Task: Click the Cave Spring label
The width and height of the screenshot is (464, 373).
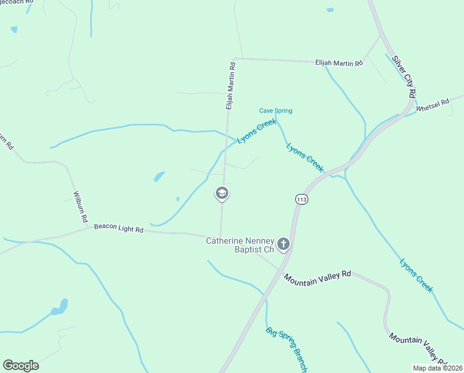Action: pos(275,111)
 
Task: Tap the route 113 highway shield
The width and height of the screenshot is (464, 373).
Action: pos(301,199)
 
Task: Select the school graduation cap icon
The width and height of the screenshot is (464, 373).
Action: pos(222,194)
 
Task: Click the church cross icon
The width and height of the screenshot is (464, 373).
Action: pos(283,244)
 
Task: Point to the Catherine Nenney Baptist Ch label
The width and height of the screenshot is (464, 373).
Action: pos(240,244)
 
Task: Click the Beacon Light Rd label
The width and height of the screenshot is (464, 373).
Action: pos(118,229)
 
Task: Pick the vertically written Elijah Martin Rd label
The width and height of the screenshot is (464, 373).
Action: pos(230,86)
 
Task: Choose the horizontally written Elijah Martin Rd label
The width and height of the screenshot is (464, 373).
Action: pos(339,62)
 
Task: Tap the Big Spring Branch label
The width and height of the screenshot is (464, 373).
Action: pos(287,349)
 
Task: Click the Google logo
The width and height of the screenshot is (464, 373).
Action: pos(20,365)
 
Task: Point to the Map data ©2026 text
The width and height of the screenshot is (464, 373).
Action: pos(437,368)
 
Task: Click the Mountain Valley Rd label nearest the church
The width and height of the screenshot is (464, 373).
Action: pos(318,277)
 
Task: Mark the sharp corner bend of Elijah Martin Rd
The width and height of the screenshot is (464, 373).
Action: pos(234,59)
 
